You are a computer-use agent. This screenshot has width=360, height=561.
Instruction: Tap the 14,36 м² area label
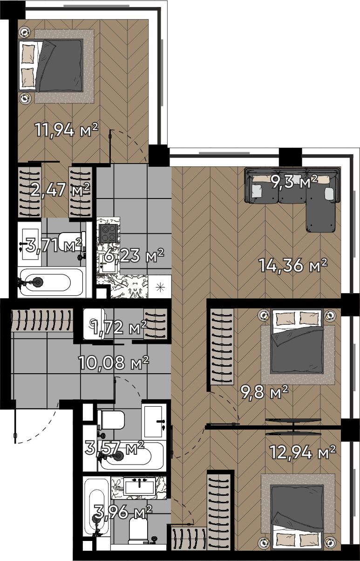pos(293,265)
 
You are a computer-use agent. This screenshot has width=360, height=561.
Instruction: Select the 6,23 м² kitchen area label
pos(134,255)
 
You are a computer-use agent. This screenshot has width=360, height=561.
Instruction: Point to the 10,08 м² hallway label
pos(114,363)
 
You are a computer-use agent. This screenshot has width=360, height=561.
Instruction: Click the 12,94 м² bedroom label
pos(302,452)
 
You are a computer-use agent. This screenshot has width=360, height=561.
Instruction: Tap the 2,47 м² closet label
pos(60,190)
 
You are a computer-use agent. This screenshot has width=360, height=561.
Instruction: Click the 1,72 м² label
pos(119,327)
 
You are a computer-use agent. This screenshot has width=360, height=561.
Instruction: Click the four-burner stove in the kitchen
pos(109,233)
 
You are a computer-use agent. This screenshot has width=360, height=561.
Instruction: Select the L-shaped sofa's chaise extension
pos(321,217)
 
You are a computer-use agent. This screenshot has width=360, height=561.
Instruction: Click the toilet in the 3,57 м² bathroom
pos(111,419)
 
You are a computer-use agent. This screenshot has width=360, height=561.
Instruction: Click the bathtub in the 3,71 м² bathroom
pos(50,282)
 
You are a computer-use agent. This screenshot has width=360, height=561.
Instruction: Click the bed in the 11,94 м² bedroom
pos(51,65)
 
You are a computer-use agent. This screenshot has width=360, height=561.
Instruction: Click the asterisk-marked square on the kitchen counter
pos(160,287)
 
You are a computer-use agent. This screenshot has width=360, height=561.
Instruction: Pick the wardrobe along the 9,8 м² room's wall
pos(222,346)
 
